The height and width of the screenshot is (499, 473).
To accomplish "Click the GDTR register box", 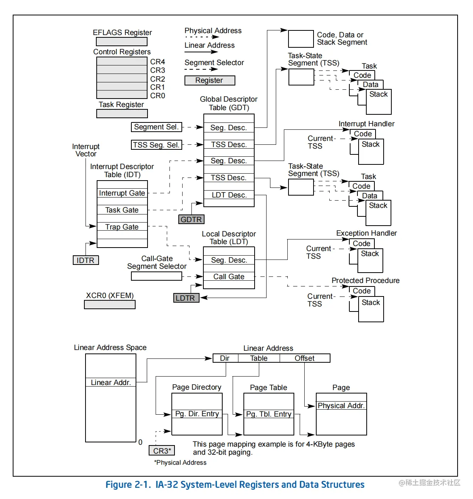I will tap(191, 219).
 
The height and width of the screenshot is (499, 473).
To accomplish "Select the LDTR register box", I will tap(186, 298).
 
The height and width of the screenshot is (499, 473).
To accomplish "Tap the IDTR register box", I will tap(86, 260).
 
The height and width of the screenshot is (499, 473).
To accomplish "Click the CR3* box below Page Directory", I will tap(162, 450).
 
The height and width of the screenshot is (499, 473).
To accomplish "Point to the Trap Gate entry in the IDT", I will tap(122, 227).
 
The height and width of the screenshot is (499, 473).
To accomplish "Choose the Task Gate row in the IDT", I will tap(122, 210).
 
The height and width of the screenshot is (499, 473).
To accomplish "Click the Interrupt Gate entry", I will tap(122, 193).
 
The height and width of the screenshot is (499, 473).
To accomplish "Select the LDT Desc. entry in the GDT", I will tap(229, 195).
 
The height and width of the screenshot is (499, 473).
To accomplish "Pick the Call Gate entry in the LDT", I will tap(229, 276).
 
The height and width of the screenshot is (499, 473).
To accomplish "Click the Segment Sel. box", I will tap(156, 127).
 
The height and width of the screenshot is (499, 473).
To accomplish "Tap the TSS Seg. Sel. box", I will tap(156, 145).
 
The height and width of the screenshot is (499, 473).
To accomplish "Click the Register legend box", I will tap(210, 80).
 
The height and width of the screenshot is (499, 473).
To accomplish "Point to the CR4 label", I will tap(158, 62).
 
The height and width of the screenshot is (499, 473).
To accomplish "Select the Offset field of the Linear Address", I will tap(304, 358).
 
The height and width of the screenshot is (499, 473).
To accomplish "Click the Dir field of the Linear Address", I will tap(225, 358).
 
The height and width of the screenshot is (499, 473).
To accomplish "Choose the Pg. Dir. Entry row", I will tap(197, 414).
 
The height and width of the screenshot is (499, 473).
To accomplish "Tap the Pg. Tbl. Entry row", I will tap(268, 414).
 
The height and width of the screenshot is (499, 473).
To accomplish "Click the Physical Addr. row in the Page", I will tap(341, 405).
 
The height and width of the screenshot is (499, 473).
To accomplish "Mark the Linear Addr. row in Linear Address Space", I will tap(111, 382).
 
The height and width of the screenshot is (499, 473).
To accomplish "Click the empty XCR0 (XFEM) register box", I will tap(110, 305).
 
